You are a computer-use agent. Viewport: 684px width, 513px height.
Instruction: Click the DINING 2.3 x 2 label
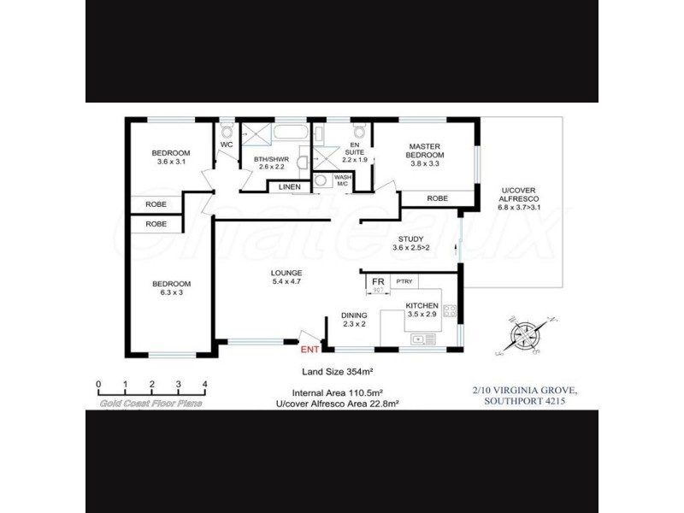[354, 319]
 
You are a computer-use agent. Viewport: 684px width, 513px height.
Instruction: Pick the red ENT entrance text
[310, 349]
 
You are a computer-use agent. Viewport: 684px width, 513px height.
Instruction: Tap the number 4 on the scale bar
[204, 384]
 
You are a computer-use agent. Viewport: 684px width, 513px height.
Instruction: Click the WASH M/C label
[343, 180]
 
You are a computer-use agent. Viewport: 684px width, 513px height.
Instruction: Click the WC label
[227, 145]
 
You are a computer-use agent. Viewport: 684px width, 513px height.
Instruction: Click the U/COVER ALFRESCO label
[517, 198]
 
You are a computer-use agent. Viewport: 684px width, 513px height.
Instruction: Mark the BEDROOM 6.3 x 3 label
[171, 289]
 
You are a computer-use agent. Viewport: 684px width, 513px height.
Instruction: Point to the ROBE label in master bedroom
[437, 198]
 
